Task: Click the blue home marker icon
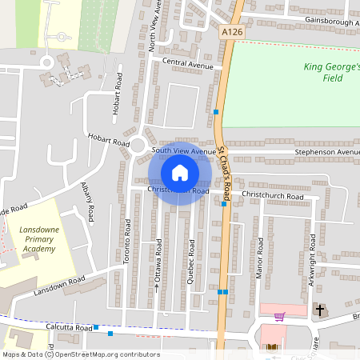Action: [179, 172]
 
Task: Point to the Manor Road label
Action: [259, 261]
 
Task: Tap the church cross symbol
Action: [320, 309]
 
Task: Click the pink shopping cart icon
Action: [279, 316]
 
